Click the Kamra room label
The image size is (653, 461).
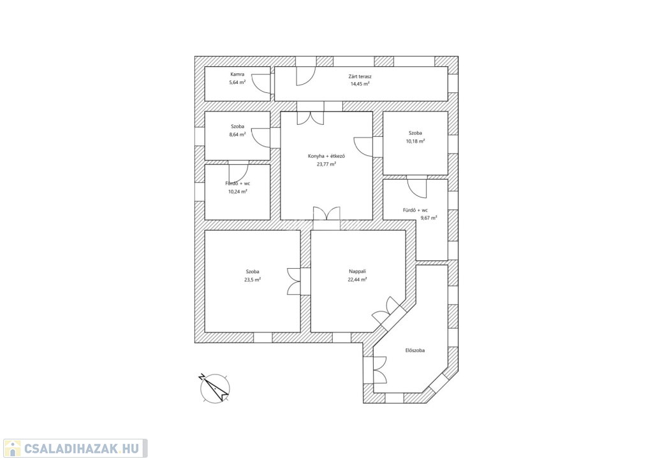pos(237,74)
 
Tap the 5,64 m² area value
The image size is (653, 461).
pos(237,82)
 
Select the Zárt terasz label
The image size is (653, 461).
pos(360,76)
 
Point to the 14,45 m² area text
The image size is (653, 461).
pos(360,84)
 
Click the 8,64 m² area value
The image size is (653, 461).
pos(237,134)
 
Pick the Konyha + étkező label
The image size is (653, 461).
pos(326,156)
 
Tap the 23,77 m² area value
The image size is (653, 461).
pos(326,164)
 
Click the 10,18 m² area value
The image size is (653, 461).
pos(415,141)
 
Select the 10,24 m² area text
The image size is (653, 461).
pos(237,192)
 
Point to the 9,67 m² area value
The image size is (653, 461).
pos(429,218)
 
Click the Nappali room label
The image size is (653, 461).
pos(357,271)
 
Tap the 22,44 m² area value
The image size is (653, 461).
pos(357,280)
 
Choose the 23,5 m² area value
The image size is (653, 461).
pos(253,280)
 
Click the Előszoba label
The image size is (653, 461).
pos(415,350)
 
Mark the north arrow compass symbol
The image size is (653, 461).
pos(215,387)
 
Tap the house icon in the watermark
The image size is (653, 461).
pos(13,448)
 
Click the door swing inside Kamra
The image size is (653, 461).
pos(261,83)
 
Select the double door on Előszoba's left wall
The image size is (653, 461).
pos(380,370)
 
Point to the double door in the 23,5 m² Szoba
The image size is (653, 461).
pos(293,281)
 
